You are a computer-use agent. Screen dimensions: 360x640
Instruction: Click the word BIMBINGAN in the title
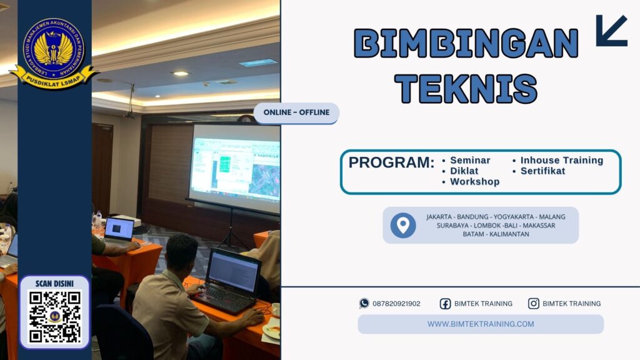click(466, 43)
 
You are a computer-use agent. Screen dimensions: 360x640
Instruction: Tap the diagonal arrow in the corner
click(611, 31)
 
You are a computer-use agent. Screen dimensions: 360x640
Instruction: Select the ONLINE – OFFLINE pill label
click(296, 113)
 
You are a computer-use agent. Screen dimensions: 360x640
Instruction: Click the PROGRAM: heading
click(391, 162)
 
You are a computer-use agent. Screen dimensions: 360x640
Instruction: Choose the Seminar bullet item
click(470, 160)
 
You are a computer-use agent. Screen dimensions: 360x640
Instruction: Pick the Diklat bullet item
click(464, 171)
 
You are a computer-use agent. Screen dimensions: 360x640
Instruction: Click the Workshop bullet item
click(474, 182)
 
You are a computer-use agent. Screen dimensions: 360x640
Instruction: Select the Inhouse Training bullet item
click(561, 160)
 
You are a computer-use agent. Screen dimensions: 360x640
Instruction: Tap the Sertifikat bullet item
click(542, 171)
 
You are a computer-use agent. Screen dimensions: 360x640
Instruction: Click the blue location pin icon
click(403, 225)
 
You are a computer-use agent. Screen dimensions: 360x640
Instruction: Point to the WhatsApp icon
click(364, 303)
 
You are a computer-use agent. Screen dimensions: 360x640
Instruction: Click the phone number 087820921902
click(396, 304)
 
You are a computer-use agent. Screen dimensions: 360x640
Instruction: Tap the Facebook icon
click(445, 304)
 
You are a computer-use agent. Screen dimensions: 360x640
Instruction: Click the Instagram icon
click(534, 304)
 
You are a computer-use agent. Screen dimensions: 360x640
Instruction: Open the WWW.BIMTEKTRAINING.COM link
click(481, 324)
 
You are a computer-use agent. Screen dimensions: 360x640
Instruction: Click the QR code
click(55, 316)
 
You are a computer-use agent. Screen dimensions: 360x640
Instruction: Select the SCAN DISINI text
click(55, 283)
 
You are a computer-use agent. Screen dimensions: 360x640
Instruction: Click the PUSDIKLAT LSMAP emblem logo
click(54, 52)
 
